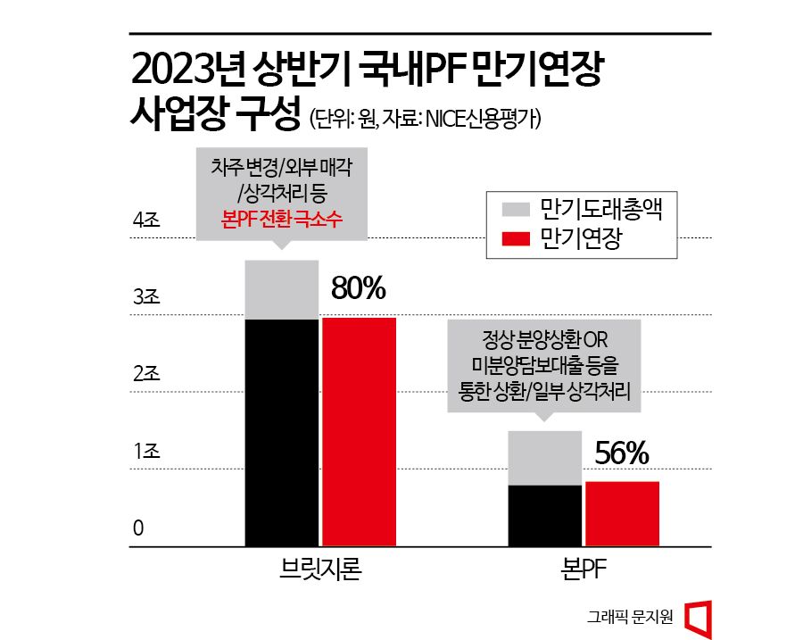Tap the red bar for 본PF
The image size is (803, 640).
pyautogui.click(x=622, y=513)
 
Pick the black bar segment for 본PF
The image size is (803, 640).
pyautogui.click(x=545, y=515)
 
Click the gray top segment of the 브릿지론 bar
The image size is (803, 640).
pyautogui.click(x=282, y=289)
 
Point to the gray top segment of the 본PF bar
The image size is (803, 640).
pyautogui.click(x=545, y=458)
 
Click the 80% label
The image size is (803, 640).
pyautogui.click(x=358, y=288)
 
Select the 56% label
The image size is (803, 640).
pyautogui.click(x=621, y=454)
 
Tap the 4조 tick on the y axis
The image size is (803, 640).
pyautogui.click(x=145, y=220)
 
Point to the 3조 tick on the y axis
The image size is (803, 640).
pyautogui.click(x=145, y=298)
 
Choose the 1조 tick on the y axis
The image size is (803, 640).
pyautogui.click(x=145, y=452)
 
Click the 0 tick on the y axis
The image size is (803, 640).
pyautogui.click(x=138, y=529)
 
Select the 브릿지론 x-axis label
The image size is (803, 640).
pyautogui.click(x=320, y=570)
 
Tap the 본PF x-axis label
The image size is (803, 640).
pyautogui.click(x=584, y=570)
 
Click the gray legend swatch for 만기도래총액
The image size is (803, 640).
pyautogui.click(x=517, y=208)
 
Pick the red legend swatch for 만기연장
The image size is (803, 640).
pyautogui.click(x=517, y=238)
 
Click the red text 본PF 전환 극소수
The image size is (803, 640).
pyautogui.click(x=281, y=218)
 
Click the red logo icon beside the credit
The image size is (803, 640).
pyautogui.click(x=698, y=617)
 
